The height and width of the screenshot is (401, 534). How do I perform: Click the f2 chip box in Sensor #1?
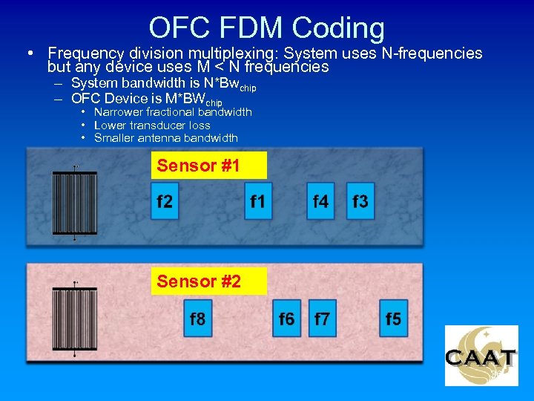coord(165,201)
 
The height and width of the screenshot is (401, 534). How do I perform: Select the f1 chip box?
coord(258,201)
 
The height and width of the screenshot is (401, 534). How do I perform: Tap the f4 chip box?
coord(320,201)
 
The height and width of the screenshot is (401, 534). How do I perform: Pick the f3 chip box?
coord(360,201)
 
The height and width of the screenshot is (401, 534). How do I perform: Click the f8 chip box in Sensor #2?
coord(197,319)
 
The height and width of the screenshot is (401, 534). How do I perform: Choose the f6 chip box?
coord(286,319)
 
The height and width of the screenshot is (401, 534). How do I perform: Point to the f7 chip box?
coord(322,319)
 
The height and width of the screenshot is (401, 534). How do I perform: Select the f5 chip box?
coord(393,319)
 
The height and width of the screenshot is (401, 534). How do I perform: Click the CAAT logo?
coord(481,356)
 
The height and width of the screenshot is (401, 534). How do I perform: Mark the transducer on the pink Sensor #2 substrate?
coord(75,319)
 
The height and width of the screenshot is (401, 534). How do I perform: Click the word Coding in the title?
coord(338,28)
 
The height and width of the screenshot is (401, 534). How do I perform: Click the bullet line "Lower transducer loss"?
coord(152,125)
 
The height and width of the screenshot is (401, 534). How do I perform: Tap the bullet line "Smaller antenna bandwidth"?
coord(165,137)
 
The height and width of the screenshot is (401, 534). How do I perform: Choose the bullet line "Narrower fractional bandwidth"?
coord(173,112)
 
